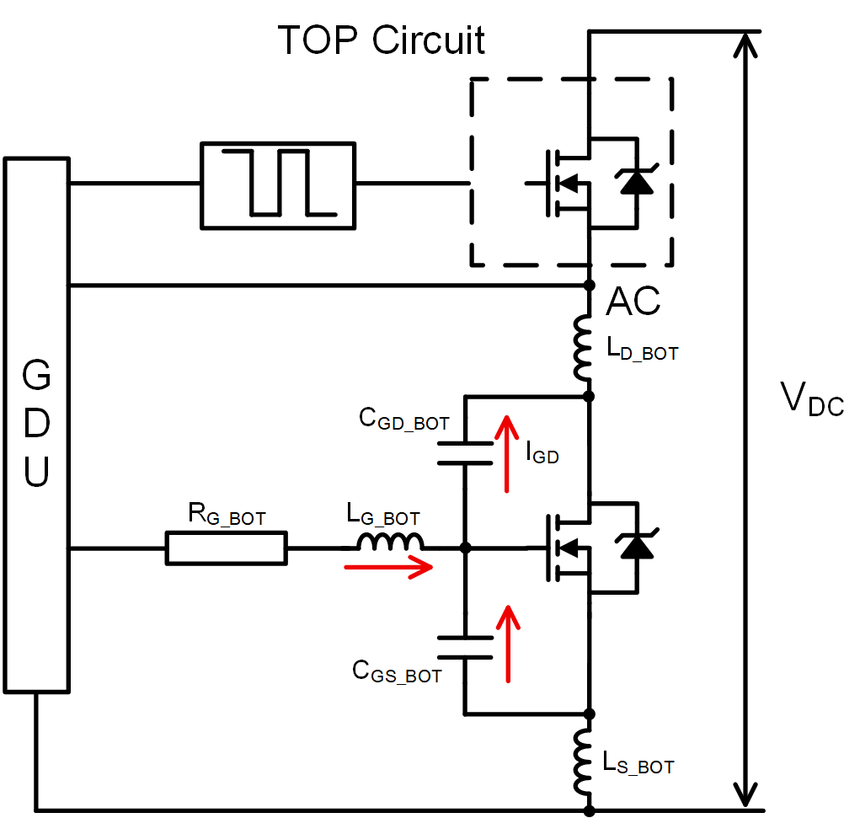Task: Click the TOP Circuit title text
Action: click(382, 40)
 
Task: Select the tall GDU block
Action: click(36, 425)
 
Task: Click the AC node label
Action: click(633, 302)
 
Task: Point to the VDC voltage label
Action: click(811, 399)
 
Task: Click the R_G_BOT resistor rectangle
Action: click(227, 548)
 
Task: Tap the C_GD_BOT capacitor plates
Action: click(465, 452)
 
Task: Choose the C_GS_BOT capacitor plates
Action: click(465, 647)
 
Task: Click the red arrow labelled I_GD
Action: click(507, 453)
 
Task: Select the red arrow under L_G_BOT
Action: click(388, 567)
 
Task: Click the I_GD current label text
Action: click(542, 454)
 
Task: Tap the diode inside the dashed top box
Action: click(635, 184)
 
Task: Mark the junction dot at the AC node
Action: click(589, 286)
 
